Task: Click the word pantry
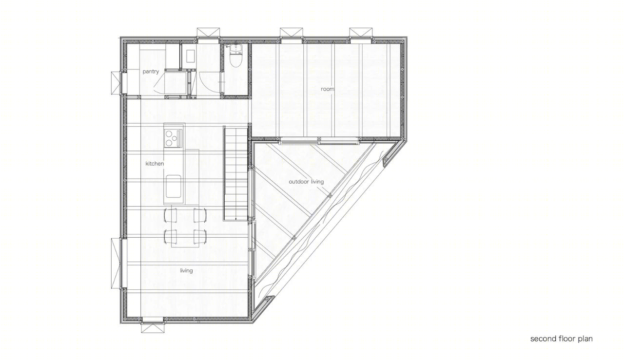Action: (151, 72)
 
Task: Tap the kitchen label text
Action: (155, 163)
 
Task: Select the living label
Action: (186, 271)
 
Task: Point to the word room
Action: (327, 89)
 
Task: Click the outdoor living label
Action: (306, 182)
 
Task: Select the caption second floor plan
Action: (561, 339)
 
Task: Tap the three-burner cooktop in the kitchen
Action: (173, 138)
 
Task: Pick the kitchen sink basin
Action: (173, 186)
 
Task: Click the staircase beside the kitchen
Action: (235, 173)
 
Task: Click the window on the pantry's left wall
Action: (117, 83)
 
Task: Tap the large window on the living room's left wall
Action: (117, 264)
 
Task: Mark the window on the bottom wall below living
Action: (153, 327)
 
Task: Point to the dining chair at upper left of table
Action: (171, 215)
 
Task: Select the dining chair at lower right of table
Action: (200, 237)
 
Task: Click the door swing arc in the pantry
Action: (159, 83)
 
